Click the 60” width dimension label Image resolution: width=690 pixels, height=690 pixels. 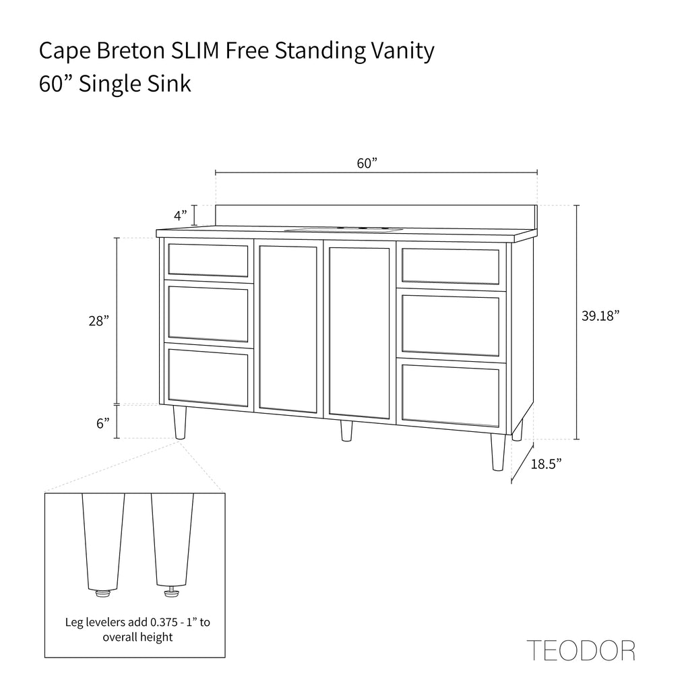point(367,163)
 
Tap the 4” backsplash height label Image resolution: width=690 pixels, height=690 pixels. point(181,216)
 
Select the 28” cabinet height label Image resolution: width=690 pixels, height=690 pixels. point(98,321)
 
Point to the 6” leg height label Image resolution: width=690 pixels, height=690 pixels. point(103,423)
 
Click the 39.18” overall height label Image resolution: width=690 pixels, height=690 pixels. point(600,316)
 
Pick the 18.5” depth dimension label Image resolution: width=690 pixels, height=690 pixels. point(546,464)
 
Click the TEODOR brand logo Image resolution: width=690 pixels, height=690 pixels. point(581,651)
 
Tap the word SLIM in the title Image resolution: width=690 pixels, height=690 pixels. point(195,51)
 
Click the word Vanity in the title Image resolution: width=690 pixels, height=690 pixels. point(403,52)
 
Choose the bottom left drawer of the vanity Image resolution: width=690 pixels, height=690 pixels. point(209,377)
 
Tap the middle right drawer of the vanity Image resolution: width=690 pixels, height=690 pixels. point(451,325)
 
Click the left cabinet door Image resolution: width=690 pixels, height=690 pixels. point(288,330)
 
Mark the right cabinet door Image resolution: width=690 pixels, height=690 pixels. point(359,333)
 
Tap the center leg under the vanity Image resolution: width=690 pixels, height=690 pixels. point(346,431)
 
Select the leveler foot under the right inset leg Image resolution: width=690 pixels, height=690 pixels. point(172,593)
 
